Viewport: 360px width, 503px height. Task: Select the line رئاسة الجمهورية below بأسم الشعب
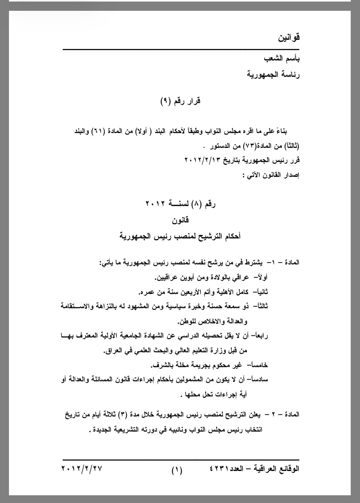(x=274, y=75)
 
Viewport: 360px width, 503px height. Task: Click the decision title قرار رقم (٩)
(x=181, y=101)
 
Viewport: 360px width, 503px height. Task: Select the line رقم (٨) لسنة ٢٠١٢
(x=181, y=204)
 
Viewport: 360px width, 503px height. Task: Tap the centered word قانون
(x=181, y=220)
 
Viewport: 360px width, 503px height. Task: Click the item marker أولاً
(x=261, y=278)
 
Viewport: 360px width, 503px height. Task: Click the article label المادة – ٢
(x=285, y=414)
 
